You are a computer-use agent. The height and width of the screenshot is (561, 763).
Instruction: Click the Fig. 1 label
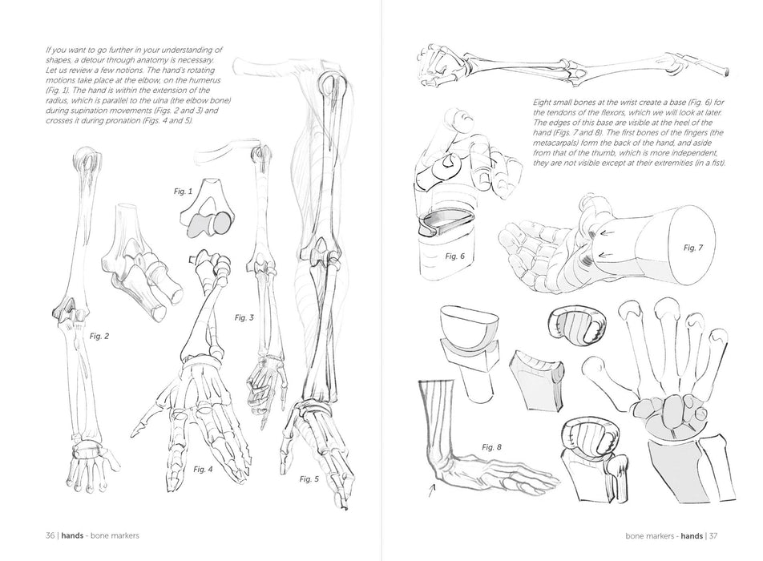coord(183,192)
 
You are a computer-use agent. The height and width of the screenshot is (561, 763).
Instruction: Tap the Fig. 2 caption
coord(99,337)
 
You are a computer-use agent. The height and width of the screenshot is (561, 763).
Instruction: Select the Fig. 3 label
coord(244,317)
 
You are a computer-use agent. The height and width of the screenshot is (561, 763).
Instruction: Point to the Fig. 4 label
coord(203,469)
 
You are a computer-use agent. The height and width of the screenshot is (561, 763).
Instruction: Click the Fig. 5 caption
coord(309,479)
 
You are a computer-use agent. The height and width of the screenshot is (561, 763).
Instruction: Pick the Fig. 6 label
coord(455,256)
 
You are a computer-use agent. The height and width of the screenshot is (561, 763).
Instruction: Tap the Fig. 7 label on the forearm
coord(693,248)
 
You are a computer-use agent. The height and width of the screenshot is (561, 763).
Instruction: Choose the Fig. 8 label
coord(491,446)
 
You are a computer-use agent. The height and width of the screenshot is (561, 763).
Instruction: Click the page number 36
coord(50,535)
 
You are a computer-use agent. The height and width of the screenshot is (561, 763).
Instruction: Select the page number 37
coord(713,535)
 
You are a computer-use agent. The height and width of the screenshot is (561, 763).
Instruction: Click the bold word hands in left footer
coord(72,535)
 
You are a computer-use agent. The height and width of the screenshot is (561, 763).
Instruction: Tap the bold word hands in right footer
coord(692,535)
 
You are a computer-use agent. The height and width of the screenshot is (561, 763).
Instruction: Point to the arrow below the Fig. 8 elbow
coord(432,490)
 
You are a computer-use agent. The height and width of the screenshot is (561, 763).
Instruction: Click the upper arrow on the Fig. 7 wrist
coord(605,232)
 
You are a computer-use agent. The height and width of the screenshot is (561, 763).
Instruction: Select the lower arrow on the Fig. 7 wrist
coord(605,255)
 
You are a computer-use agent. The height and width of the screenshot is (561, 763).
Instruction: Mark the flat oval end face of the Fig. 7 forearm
coord(692,247)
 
